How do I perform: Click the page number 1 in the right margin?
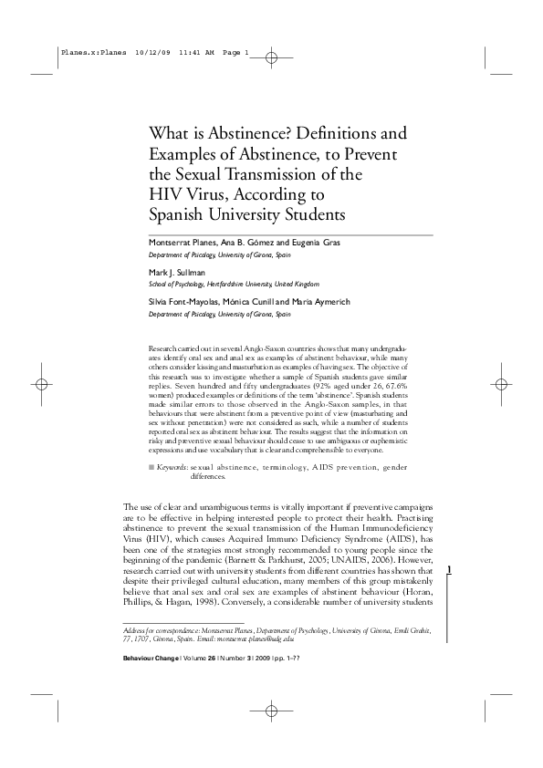click(x=452, y=570)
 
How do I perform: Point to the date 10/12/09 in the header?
click(x=151, y=52)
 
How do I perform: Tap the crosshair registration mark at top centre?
click(x=271, y=57)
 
